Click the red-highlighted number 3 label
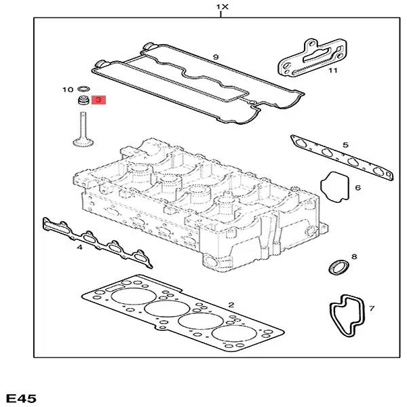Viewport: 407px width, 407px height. pos(98,100)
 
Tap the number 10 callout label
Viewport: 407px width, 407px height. pos(67,90)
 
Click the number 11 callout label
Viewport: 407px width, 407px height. pos(332,70)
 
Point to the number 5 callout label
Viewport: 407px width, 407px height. pos(345,145)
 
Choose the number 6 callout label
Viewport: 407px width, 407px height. pos(357,188)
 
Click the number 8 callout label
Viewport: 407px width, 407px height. pos(371,309)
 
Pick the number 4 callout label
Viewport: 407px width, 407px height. pos(79,248)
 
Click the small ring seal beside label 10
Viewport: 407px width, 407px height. pos(83,89)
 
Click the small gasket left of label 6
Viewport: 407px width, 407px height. pos(335,187)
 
